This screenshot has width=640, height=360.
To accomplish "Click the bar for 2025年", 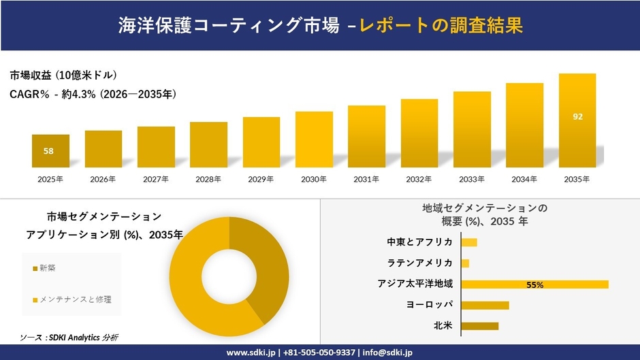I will (50, 151).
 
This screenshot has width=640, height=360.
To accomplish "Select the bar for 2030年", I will (314, 140).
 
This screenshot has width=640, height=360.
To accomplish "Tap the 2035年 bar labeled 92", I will (577, 120).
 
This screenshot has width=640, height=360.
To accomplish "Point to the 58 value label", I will (48, 151).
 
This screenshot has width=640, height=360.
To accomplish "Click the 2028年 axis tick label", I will (208, 180).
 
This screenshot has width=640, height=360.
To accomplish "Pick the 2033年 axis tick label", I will (472, 180).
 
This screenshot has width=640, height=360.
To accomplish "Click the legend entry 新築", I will (47, 268).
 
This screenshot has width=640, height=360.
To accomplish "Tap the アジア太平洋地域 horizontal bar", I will (534, 284).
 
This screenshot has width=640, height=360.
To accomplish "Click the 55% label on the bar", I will (534, 285).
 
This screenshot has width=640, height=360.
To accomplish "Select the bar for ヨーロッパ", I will (485, 305).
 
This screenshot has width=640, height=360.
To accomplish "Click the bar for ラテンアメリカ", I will (465, 263).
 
